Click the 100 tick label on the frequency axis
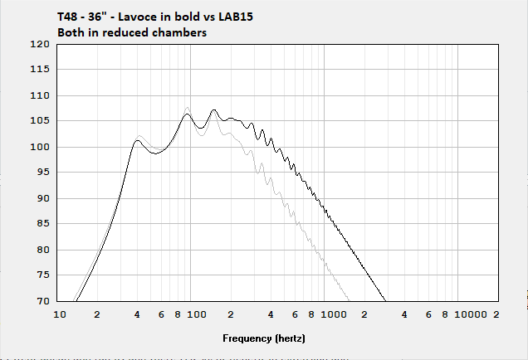[x=195, y=315]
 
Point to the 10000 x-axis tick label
[x=471, y=315]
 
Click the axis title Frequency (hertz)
[x=264, y=338]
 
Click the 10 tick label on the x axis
[x=60, y=315]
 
